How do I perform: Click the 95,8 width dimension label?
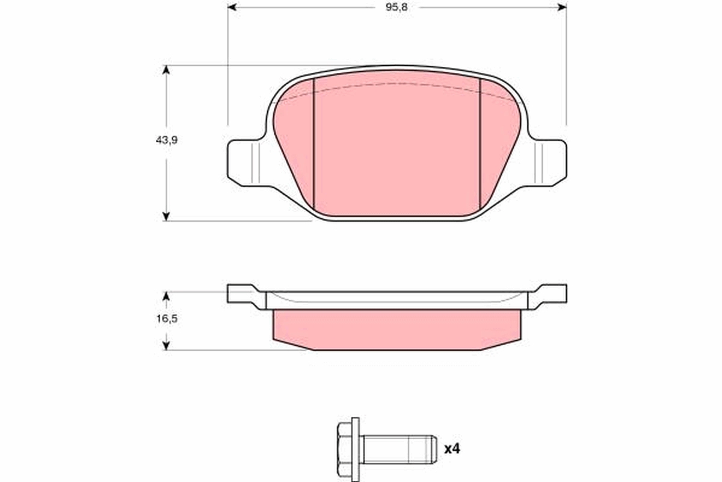pyautogui.click(x=396, y=7)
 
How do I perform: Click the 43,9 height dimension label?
pyautogui.click(x=167, y=140)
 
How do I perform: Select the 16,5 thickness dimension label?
pyautogui.click(x=167, y=319)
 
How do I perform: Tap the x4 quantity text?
pyautogui.click(x=452, y=449)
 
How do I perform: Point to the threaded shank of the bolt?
pyautogui.click(x=400, y=449)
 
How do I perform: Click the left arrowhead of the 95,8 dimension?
pyautogui.click(x=232, y=7)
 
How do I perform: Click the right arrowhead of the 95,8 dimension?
pyautogui.click(x=562, y=7)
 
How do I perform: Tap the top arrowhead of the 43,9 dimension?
pyautogui.click(x=166, y=70)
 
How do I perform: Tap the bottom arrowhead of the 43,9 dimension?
pyautogui.click(x=166, y=216)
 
